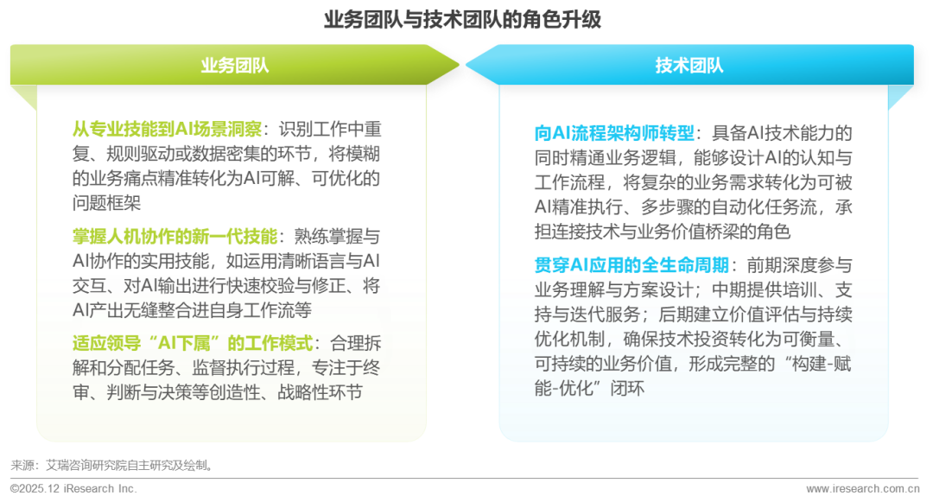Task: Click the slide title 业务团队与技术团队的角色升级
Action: [462, 20]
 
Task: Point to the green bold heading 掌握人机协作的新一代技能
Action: [175, 235]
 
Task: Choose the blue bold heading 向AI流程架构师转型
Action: [614, 134]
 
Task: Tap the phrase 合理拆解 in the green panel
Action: [353, 342]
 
